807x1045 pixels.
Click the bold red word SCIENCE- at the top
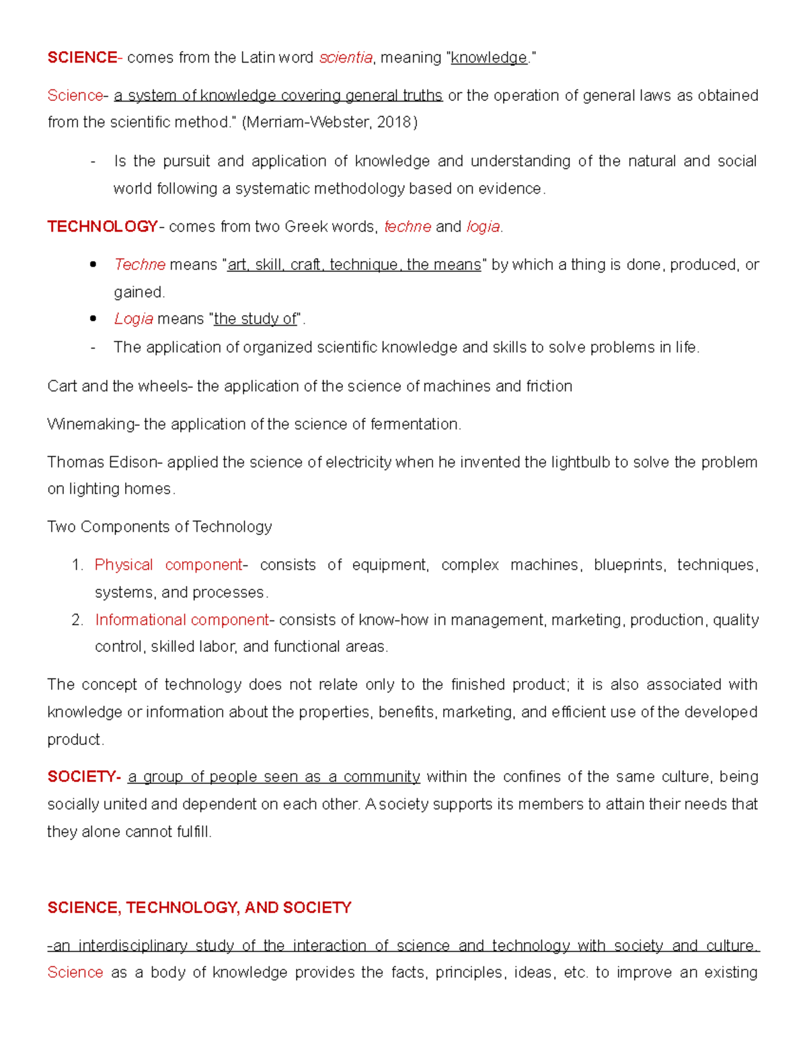(x=82, y=58)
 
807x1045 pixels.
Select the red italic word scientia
(x=346, y=58)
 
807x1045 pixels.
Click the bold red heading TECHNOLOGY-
(x=103, y=227)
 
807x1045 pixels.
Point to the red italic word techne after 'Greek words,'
(x=408, y=227)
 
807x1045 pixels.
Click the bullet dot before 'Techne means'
(x=93, y=265)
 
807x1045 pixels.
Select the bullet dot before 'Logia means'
(x=93, y=319)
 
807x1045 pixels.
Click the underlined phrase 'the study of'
(x=255, y=319)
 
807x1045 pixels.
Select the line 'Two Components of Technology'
(x=159, y=527)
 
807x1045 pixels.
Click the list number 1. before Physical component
(x=77, y=565)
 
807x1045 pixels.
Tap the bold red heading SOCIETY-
(x=84, y=777)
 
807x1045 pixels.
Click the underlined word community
(x=381, y=777)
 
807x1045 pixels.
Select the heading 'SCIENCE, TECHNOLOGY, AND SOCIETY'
(x=199, y=908)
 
